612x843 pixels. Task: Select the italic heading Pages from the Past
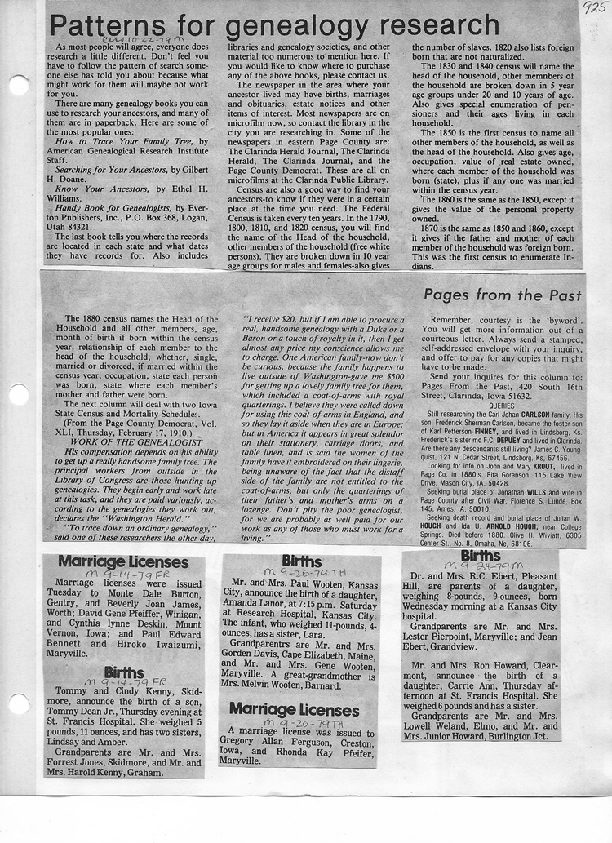point(503,295)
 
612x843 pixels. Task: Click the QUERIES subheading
point(501,405)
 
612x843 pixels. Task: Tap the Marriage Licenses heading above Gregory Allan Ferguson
point(293,709)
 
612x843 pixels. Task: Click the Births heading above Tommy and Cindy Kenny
point(124,672)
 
